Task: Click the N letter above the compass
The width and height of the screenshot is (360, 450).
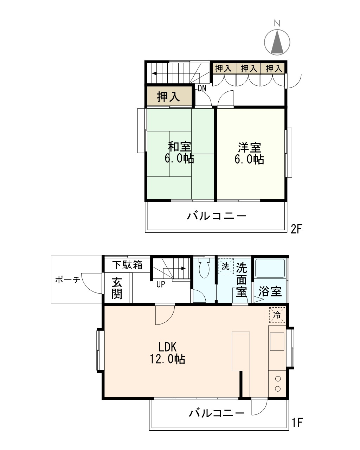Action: pos(277,23)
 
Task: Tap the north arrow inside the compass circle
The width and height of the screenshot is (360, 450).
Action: pos(277,41)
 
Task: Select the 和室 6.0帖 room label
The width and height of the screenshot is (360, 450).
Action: pos(179,153)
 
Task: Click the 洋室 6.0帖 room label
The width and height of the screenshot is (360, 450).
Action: pos(249,153)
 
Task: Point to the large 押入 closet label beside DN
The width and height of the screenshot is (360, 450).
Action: pos(168,97)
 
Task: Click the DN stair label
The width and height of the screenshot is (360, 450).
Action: pos(202,89)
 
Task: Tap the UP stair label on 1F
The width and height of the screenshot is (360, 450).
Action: pos(161,284)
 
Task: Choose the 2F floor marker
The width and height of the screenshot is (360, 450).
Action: pos(297,229)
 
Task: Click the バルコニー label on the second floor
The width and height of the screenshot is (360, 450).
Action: pos(216,216)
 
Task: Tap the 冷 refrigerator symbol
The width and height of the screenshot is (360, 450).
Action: pos(277,315)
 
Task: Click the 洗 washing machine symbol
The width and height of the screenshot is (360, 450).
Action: pos(226,266)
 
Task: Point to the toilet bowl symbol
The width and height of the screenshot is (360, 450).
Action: pos(204,268)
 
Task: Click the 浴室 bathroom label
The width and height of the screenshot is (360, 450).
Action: pos(270,291)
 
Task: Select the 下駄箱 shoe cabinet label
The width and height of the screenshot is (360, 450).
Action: pos(127,265)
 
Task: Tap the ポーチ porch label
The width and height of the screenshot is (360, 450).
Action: pos(68,279)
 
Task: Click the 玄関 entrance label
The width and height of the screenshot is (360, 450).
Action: pos(117,288)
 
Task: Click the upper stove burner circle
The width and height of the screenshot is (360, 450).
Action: pos(278,379)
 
